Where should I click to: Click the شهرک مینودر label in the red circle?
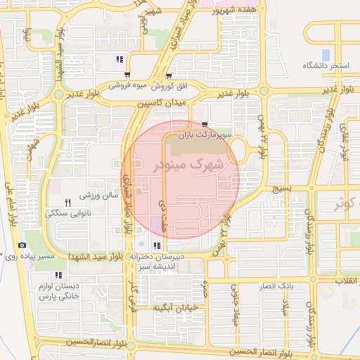[186, 165]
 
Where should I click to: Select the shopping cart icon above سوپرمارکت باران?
[205, 124]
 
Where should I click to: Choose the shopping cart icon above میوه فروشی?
[127, 75]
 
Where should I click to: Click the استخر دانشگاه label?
[326, 65]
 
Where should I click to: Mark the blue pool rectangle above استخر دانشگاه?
[326, 53]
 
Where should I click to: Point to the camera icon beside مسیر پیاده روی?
[22, 245]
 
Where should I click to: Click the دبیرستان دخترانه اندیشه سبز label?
[160, 262]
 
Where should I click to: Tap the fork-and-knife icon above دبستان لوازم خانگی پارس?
[58, 275]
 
